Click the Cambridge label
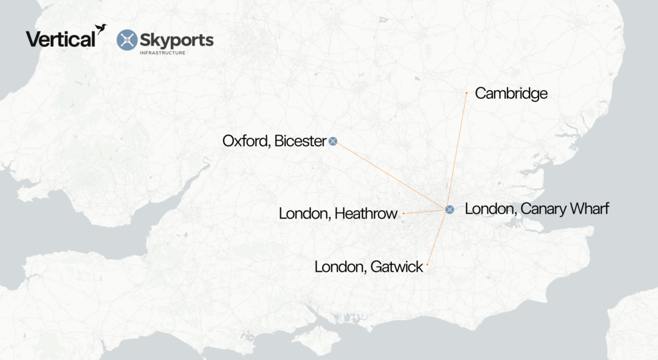[511, 93]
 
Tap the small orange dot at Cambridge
[467, 93]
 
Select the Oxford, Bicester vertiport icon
[333, 141]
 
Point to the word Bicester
[300, 141]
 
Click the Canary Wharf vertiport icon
[450, 209]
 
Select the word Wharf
[587, 209]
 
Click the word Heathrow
[366, 213]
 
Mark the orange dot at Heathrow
[404, 213]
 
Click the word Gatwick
[398, 266]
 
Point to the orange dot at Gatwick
[427, 265]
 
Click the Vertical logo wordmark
[60, 39]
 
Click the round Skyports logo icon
[127, 40]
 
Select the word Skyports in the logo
[177, 40]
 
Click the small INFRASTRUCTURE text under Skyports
[163, 53]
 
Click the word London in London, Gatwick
[340, 266]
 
